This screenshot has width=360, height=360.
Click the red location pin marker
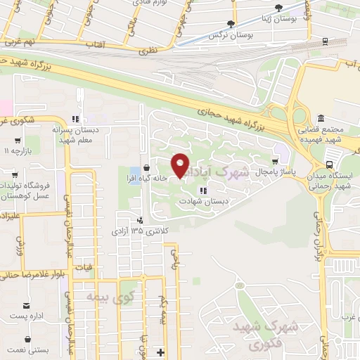click(x=181, y=166)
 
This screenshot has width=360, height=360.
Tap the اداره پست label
click(x=26, y=316)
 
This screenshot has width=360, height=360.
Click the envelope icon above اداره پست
click(x=27, y=305)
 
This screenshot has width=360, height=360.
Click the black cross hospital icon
click(x=160, y=352)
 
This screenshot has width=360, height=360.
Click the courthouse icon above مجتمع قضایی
click(x=321, y=117)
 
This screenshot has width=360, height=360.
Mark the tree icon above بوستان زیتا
click(x=279, y=7)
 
